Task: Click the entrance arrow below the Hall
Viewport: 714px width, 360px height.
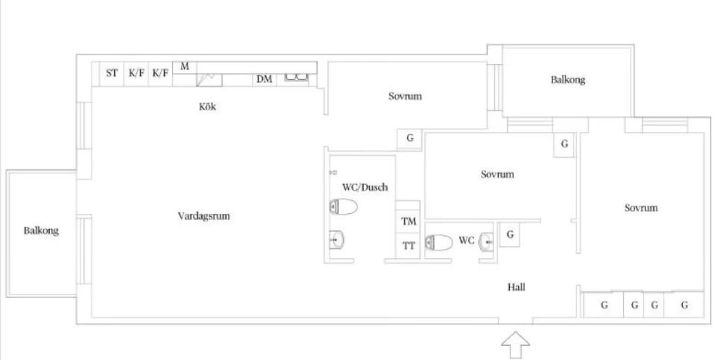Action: point(516,345)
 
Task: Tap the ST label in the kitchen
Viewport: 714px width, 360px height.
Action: point(112,73)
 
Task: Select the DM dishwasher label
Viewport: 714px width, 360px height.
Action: point(264,79)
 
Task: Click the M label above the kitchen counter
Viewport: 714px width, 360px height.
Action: point(184,66)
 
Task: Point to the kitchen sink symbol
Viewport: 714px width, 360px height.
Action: point(297,78)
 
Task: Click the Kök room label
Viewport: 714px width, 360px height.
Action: point(207,107)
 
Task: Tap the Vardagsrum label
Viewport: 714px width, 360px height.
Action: point(203,215)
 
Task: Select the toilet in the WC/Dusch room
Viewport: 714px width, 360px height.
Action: point(344,206)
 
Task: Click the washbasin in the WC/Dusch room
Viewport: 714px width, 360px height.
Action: point(337,239)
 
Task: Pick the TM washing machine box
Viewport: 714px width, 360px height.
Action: point(408,221)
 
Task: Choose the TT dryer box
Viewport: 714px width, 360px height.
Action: point(408,246)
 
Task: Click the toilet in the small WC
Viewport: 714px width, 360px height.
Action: point(439,242)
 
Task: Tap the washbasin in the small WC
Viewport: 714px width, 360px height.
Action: point(487,241)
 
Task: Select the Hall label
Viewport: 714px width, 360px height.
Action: point(516,287)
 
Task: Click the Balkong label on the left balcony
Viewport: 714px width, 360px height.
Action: point(41,231)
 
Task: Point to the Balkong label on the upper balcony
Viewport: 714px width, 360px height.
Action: point(568,80)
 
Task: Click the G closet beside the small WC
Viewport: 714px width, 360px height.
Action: point(510,234)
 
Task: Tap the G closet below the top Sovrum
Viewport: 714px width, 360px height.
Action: point(410,138)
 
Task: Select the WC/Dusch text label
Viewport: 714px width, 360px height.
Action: point(364,187)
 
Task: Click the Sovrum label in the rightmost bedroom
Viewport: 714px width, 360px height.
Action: point(641,208)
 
